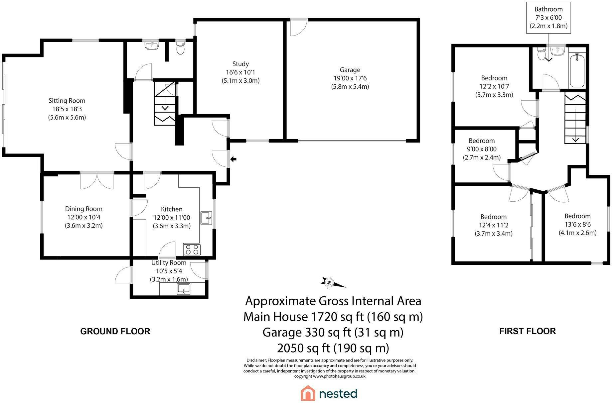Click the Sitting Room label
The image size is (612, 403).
(x=67, y=101)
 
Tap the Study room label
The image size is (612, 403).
(x=240, y=64)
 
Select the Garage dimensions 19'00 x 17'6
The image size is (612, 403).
(x=350, y=78)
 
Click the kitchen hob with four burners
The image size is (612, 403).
(x=192, y=249)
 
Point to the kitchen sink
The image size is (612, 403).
(x=206, y=218)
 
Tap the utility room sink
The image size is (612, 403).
(x=183, y=289)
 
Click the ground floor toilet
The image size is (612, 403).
(x=181, y=49)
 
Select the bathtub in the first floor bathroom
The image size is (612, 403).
(x=577, y=70)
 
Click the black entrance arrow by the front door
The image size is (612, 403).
(x=233, y=159)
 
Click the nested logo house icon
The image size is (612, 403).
(x=308, y=393)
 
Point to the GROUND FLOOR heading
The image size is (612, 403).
(x=115, y=331)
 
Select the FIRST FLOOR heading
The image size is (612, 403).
(x=528, y=331)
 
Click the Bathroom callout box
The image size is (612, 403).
(x=548, y=18)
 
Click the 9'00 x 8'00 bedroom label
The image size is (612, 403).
(x=482, y=149)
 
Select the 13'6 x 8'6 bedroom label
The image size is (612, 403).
(x=577, y=224)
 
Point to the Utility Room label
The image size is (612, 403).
(x=169, y=262)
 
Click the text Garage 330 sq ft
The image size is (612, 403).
(x=307, y=332)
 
